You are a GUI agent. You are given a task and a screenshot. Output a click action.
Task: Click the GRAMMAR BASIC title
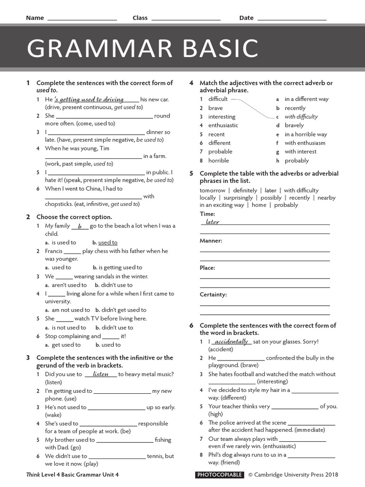pos(143,49)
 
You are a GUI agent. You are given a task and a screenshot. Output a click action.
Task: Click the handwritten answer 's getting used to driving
pos(89,99)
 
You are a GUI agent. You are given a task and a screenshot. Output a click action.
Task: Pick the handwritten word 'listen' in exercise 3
pos(101,374)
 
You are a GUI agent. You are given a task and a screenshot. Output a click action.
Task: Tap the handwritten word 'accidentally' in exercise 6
pos(231,341)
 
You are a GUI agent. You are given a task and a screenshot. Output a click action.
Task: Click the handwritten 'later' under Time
pos(212,222)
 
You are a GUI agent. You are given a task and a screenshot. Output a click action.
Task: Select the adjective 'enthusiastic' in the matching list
pos(223,125)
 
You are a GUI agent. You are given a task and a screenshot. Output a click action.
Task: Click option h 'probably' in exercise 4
pos(296,160)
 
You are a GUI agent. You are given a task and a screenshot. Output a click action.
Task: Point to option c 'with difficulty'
pos(301,117)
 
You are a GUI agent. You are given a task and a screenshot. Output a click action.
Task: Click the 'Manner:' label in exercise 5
pos(211,241)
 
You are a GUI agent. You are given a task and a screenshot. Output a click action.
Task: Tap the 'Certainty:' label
pos(213,294)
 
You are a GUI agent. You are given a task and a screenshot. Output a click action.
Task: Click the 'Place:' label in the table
pos(207,268)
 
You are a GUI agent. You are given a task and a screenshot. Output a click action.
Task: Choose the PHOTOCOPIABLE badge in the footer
pos(220,475)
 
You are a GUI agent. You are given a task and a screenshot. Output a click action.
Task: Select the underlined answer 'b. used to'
pos(105,243)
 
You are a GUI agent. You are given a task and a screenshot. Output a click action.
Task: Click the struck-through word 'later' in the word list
pos(270,190)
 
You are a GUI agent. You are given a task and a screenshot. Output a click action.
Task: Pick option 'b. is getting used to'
pos(117,267)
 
